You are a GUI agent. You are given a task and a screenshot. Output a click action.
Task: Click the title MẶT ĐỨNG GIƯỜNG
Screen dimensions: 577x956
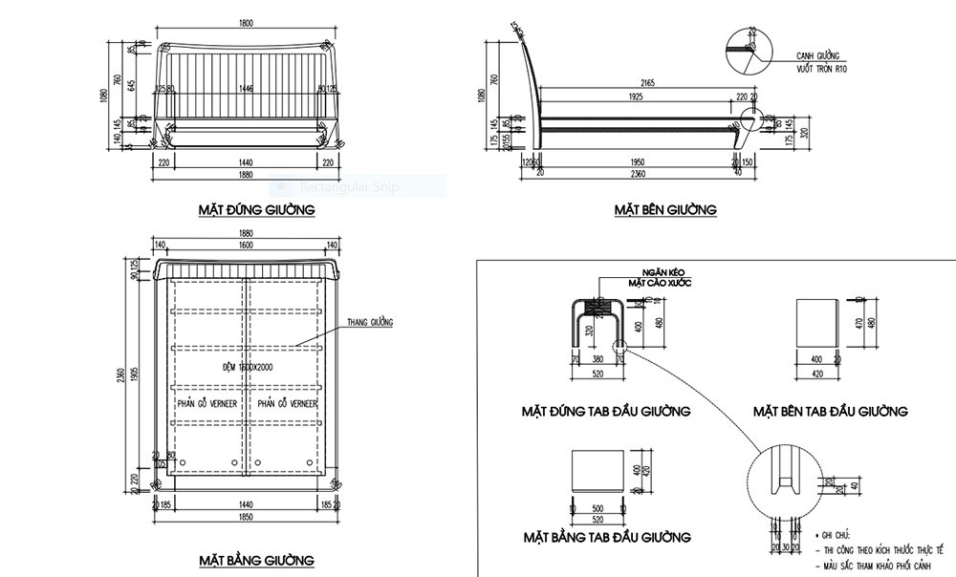pos(256,208)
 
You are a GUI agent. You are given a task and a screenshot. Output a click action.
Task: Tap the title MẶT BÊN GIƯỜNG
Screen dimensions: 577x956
pos(665,209)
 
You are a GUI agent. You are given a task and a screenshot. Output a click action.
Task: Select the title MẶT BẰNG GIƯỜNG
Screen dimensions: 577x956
pos(256,559)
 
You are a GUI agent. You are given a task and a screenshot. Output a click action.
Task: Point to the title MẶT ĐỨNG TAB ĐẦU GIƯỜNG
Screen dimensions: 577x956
pos(606,412)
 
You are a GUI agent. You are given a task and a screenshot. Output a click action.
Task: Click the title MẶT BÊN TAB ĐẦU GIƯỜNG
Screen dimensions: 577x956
pos(830,412)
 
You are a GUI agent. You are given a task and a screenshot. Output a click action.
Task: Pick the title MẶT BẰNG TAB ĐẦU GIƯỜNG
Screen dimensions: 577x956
pos(606,536)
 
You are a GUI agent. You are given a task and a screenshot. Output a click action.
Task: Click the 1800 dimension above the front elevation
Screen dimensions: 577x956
pos(246,22)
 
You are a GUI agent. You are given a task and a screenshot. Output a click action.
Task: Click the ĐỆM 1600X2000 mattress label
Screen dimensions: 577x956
pos(247,367)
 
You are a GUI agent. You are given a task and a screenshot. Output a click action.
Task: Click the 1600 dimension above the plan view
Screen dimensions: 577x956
pos(247,245)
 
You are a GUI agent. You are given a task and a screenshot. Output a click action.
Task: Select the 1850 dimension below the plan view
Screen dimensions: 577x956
pos(247,515)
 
